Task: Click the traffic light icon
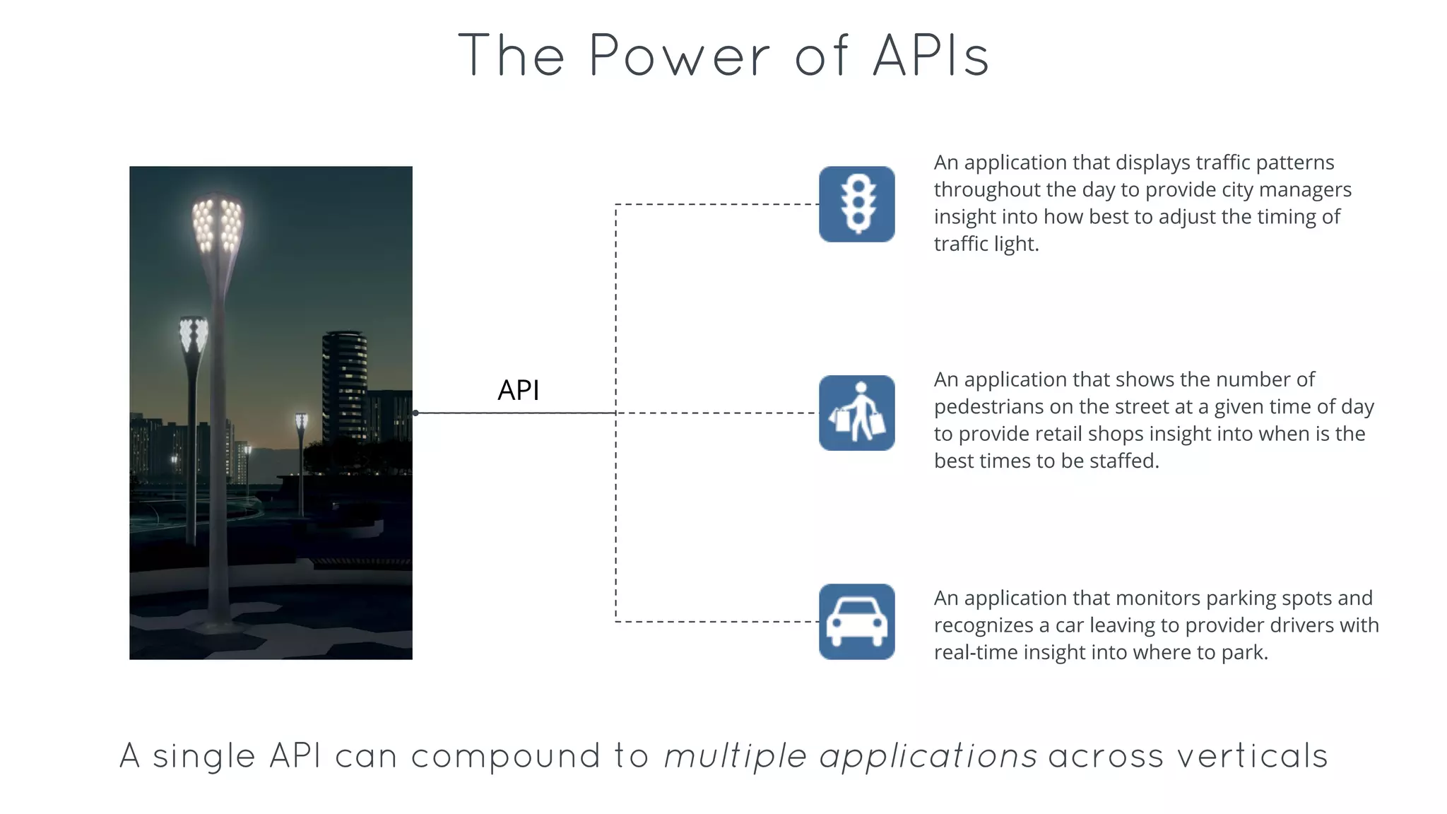856,204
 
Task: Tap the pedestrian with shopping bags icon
856,413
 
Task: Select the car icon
856,621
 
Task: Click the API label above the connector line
518,390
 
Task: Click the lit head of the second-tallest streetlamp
193,334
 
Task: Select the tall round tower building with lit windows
345,385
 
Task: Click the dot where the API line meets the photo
415,413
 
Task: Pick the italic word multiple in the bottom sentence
735,756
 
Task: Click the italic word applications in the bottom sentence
928,756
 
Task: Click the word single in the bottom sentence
203,756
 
